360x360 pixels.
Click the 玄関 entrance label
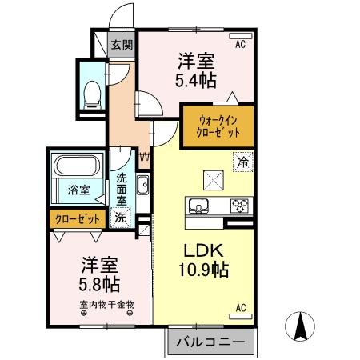[x=122, y=45]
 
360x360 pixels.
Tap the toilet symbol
[x=92, y=95]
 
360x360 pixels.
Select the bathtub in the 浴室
[x=77, y=166]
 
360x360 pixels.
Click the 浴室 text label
[x=78, y=190]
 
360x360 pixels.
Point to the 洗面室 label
[x=122, y=190]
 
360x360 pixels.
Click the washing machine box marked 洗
[x=120, y=218]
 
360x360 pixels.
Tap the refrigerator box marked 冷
[x=242, y=162]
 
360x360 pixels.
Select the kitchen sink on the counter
[x=198, y=206]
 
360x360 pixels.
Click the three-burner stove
[x=240, y=206]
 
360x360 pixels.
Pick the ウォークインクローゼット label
[x=218, y=126]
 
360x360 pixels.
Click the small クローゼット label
[x=78, y=219]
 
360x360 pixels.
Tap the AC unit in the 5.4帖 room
[x=241, y=36]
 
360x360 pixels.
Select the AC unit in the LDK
[x=241, y=317]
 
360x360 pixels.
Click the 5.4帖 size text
[x=196, y=80]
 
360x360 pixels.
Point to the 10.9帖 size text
[x=204, y=270]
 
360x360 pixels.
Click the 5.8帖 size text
[x=99, y=285]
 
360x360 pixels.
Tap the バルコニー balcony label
[x=210, y=342]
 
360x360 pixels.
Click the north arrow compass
[x=300, y=326]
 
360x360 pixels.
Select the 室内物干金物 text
[x=107, y=305]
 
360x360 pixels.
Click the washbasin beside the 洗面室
[x=142, y=185]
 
